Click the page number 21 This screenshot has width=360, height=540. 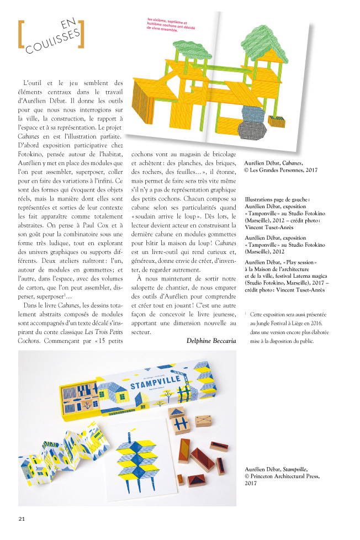coord(22,518)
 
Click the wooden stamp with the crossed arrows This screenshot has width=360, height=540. coord(204,421)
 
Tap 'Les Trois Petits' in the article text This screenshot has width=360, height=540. coord(100,331)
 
